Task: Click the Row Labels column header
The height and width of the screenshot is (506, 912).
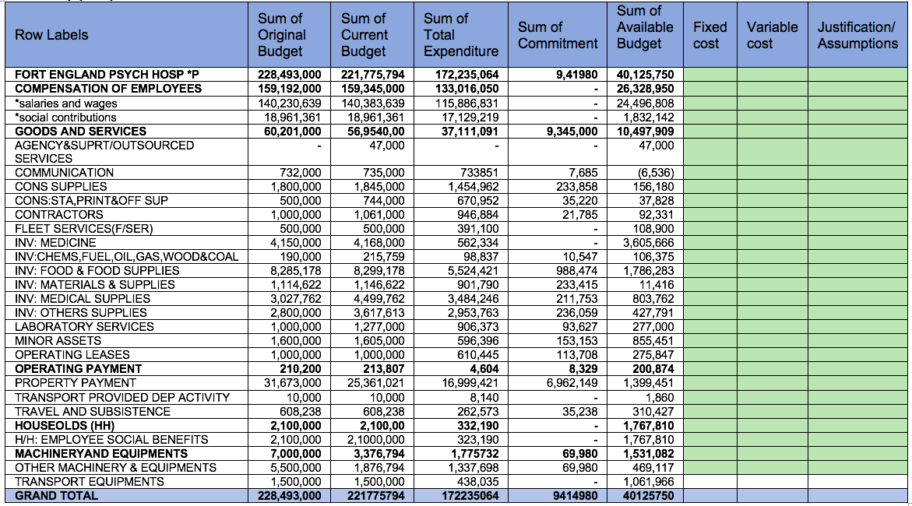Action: (51, 35)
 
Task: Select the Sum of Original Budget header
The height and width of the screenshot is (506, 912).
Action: (281, 35)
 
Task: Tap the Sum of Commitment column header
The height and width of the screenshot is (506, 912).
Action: (558, 35)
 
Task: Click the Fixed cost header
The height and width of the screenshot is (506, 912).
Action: (710, 35)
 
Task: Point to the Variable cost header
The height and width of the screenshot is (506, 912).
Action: (772, 35)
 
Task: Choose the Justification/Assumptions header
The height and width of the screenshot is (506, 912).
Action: (857, 35)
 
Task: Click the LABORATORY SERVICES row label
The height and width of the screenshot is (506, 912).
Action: (84, 327)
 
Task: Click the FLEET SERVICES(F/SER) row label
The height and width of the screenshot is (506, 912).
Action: (84, 229)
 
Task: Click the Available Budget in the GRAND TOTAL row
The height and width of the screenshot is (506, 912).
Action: (644, 496)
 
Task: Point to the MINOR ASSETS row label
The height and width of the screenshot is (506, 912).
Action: (58, 341)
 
